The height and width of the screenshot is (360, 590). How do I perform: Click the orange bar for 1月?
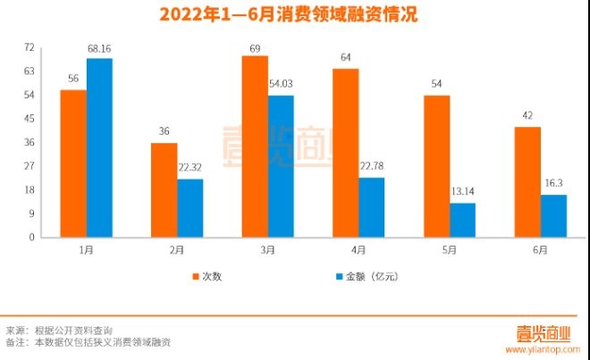73,163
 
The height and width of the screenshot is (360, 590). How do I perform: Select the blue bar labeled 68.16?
99,147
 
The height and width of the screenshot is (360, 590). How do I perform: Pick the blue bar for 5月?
462,220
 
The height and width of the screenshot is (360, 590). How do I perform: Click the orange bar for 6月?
527,182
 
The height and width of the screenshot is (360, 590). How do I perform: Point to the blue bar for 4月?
371,207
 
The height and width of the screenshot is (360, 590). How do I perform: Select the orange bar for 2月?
164,190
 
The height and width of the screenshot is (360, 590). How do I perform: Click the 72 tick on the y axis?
29,47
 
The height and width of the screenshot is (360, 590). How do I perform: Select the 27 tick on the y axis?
29,166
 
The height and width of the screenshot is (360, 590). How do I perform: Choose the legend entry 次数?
212,276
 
